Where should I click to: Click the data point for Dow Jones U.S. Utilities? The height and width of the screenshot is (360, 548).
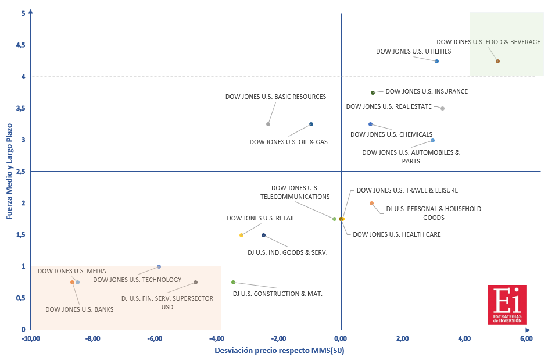[x=436, y=61]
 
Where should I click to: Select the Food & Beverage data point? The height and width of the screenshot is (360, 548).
[x=497, y=61]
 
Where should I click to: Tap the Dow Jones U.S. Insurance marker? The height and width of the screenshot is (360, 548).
[x=373, y=92]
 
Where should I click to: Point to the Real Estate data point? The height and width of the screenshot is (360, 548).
[x=442, y=108]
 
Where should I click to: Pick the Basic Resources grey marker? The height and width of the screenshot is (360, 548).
[x=268, y=124]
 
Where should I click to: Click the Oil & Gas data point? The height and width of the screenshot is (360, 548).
[x=311, y=124]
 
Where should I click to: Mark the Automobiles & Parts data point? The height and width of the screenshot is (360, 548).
[x=432, y=140]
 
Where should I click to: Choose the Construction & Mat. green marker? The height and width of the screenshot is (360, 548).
[x=233, y=282]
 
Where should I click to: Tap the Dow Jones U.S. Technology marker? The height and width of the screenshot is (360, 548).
[x=159, y=266]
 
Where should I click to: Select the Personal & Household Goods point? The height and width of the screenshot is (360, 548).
[x=371, y=203]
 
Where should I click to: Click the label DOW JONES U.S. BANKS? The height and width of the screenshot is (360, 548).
[x=79, y=309]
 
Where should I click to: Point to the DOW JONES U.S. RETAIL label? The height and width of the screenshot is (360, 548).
[x=261, y=218]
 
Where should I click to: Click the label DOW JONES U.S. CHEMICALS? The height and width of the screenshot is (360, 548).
[x=392, y=134]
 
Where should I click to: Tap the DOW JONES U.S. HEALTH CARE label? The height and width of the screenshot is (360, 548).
[x=397, y=234]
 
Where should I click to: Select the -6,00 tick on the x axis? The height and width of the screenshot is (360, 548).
[x=155, y=338]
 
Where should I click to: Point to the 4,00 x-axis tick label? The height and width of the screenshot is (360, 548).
[x=464, y=338]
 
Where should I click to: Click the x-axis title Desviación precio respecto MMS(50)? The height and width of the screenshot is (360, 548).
[x=280, y=350]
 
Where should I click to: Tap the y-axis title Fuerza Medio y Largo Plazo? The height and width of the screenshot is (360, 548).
[x=9, y=171]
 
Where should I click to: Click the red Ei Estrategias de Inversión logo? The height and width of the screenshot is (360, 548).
[x=507, y=304]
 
